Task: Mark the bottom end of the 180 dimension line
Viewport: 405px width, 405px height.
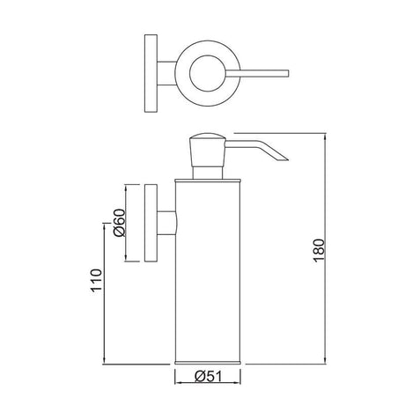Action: (328, 364)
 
